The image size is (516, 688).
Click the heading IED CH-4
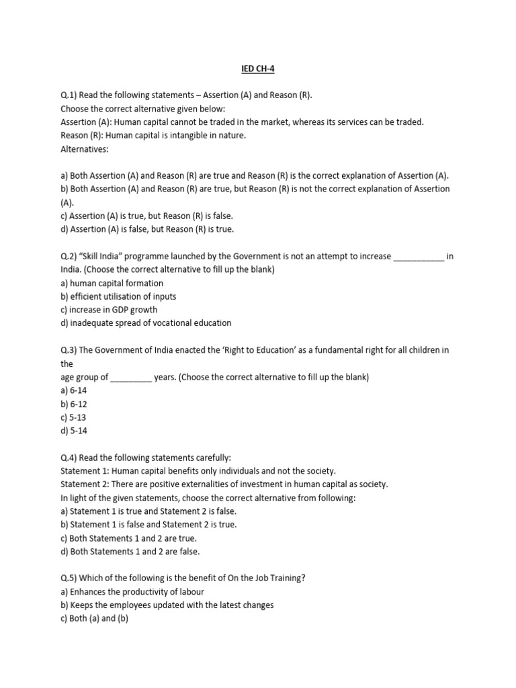click(257, 68)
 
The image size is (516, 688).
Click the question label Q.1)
click(70, 95)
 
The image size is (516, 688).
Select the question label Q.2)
click(70, 256)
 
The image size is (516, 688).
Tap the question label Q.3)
click(70, 350)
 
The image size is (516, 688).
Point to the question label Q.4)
click(70, 458)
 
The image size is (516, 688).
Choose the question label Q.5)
click(70, 578)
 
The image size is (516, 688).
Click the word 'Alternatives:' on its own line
click(84, 148)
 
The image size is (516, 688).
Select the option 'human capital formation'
click(116, 283)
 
